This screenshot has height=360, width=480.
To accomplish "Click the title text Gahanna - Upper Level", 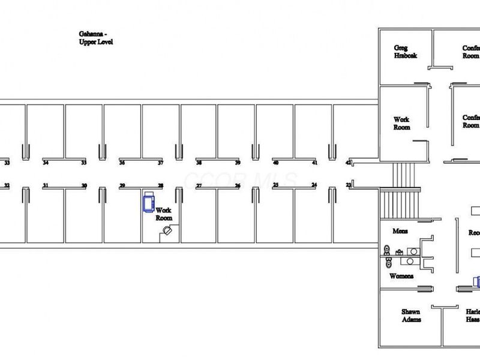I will (x=96, y=39).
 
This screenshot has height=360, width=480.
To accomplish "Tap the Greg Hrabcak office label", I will (x=405, y=52).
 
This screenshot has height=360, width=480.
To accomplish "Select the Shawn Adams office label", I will (x=411, y=316).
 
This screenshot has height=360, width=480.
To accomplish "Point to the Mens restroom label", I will (x=400, y=232).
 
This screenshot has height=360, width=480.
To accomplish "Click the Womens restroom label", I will (x=401, y=277).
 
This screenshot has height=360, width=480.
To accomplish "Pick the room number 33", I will (x=7, y=163).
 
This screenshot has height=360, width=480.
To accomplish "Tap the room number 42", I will (x=348, y=163).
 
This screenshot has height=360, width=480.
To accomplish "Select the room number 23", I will (x=349, y=185).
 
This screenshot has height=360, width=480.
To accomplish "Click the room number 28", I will (x=160, y=186).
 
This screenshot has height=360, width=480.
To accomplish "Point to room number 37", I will (x=160, y=163).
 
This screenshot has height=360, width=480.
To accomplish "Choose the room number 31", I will (x=46, y=186).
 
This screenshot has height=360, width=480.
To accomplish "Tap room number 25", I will (x=275, y=186).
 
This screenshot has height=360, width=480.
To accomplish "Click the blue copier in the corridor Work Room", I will (x=148, y=201).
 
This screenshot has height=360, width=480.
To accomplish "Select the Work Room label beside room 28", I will (x=164, y=214).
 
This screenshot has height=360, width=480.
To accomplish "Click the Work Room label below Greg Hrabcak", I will (x=401, y=124).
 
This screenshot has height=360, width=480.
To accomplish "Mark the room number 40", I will (x=275, y=163).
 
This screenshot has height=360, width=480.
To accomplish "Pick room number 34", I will (x=46, y=163).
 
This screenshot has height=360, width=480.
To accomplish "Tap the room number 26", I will (x=237, y=186).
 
